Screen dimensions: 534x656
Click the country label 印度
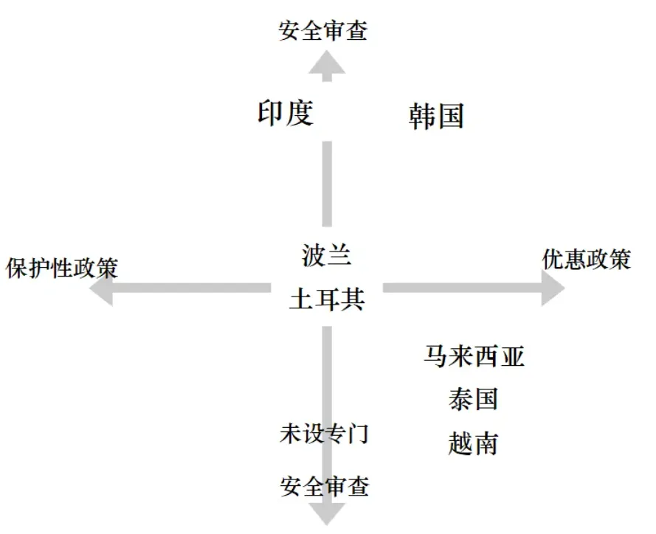pos(286,113)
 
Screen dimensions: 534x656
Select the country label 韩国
pos(436,117)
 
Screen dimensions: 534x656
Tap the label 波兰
pos(327,255)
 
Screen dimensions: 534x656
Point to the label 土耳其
pos(327,300)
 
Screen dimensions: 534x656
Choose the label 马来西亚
pos(474,356)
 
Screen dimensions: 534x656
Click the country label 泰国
pos(473,399)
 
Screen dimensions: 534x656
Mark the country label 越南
pos(473,443)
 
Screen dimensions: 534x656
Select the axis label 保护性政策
pos(62,267)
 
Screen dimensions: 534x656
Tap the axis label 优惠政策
pos(587,260)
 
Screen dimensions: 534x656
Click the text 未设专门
pos(324,434)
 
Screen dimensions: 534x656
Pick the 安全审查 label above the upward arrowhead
pos(323,31)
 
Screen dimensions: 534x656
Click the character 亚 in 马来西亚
pos(512,356)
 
